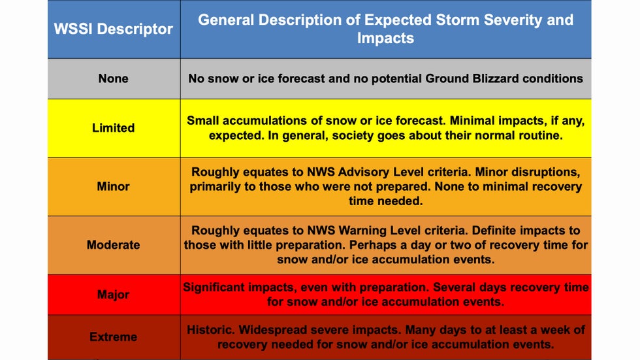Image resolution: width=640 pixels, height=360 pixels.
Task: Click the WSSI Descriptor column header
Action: tap(114, 29)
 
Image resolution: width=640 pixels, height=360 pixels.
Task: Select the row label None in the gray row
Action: tap(113, 78)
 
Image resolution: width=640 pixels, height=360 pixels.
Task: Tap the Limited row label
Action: tap(113, 128)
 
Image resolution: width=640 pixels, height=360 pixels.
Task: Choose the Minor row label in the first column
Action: tap(113, 186)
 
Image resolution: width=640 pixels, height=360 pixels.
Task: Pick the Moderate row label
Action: tap(113, 245)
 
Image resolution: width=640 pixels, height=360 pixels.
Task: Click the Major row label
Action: tap(113, 294)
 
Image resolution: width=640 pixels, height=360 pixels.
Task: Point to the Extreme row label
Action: tap(113, 336)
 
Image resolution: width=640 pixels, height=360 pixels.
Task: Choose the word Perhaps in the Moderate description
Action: tap(371, 245)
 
